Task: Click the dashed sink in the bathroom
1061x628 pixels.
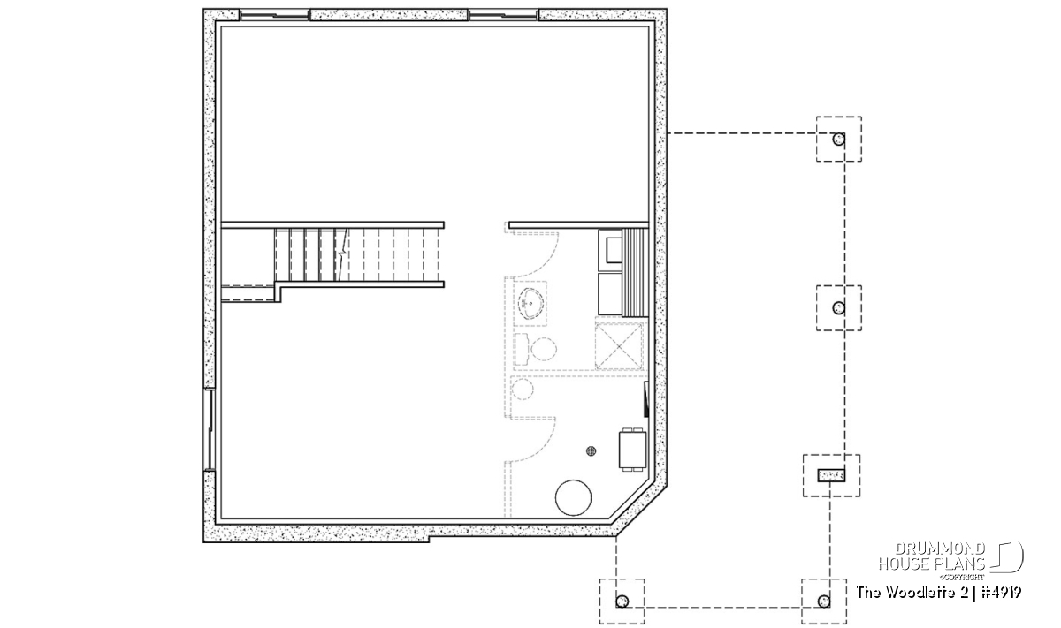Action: (x=531, y=303)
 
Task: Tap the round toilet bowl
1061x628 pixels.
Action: (x=543, y=349)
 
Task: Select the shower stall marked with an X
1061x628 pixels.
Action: (x=619, y=347)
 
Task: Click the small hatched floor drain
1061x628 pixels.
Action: (x=592, y=451)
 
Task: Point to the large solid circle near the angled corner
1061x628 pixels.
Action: (x=573, y=497)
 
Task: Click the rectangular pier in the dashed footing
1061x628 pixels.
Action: (x=831, y=475)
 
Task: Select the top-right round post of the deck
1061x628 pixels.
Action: (x=838, y=140)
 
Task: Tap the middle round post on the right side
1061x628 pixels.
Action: (x=838, y=308)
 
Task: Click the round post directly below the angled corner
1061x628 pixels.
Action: (x=622, y=602)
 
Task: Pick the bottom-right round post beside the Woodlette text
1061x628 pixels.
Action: (x=824, y=602)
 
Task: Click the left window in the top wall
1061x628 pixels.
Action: (x=275, y=16)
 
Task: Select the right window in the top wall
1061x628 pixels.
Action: (x=504, y=16)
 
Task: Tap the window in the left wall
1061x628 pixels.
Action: (x=209, y=429)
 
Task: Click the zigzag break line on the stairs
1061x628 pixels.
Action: (x=341, y=255)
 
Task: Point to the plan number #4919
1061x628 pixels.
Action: (x=1001, y=593)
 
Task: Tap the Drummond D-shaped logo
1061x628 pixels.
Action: (x=1007, y=556)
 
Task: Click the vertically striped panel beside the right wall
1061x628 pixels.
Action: (x=635, y=273)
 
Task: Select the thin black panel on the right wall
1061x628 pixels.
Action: (x=646, y=399)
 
